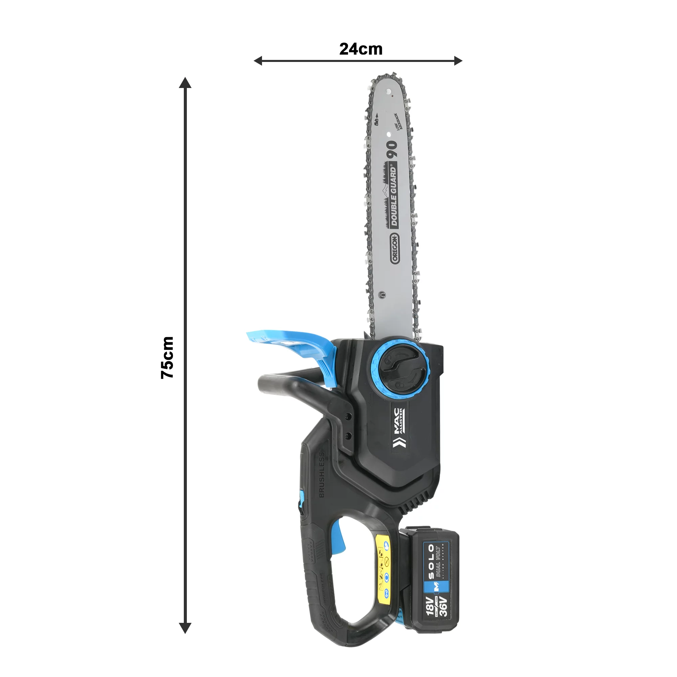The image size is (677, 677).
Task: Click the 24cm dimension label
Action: (361, 49)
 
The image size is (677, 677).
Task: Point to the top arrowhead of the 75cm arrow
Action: (185, 83)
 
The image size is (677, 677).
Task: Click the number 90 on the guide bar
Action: (392, 148)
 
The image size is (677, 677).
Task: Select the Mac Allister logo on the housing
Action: (398, 428)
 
